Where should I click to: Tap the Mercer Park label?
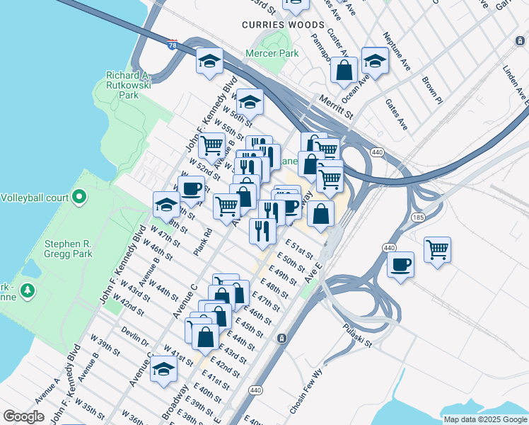coord(272,53)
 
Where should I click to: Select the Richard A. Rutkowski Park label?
coord(128,84)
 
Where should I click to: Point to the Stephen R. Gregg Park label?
coord(69,248)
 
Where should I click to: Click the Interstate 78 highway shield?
coord(173,44)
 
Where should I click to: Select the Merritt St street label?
coord(335,107)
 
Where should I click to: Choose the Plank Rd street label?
coord(203,242)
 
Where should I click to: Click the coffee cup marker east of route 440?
coord(400,265)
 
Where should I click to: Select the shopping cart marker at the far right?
coord(438,249)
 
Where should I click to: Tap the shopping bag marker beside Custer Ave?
coord(344,70)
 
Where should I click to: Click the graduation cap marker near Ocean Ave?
coord(374,60)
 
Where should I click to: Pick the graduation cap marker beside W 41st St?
coord(163,369)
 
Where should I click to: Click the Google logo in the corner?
coord(23,416)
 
